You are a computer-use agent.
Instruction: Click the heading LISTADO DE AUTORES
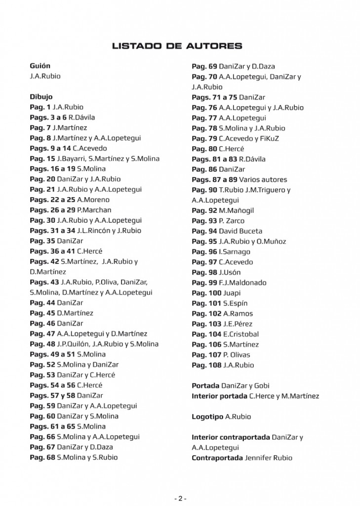point(177,46)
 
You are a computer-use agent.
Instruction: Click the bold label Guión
point(40,66)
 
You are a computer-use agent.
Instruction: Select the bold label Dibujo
point(41,97)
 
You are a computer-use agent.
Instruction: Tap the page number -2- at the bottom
point(180,498)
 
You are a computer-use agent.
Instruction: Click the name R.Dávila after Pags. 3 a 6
point(82,118)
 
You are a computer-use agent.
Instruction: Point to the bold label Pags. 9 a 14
point(50,148)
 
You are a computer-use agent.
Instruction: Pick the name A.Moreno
point(93,200)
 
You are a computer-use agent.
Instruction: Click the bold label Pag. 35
point(42,241)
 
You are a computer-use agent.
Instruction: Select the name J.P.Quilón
point(73,344)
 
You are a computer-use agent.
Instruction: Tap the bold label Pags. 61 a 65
point(52,426)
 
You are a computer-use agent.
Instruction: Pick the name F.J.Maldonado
point(242,283)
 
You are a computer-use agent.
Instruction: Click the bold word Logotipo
point(207,417)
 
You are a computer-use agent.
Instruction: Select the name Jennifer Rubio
point(268,458)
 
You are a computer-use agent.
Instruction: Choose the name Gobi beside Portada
point(262,385)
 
